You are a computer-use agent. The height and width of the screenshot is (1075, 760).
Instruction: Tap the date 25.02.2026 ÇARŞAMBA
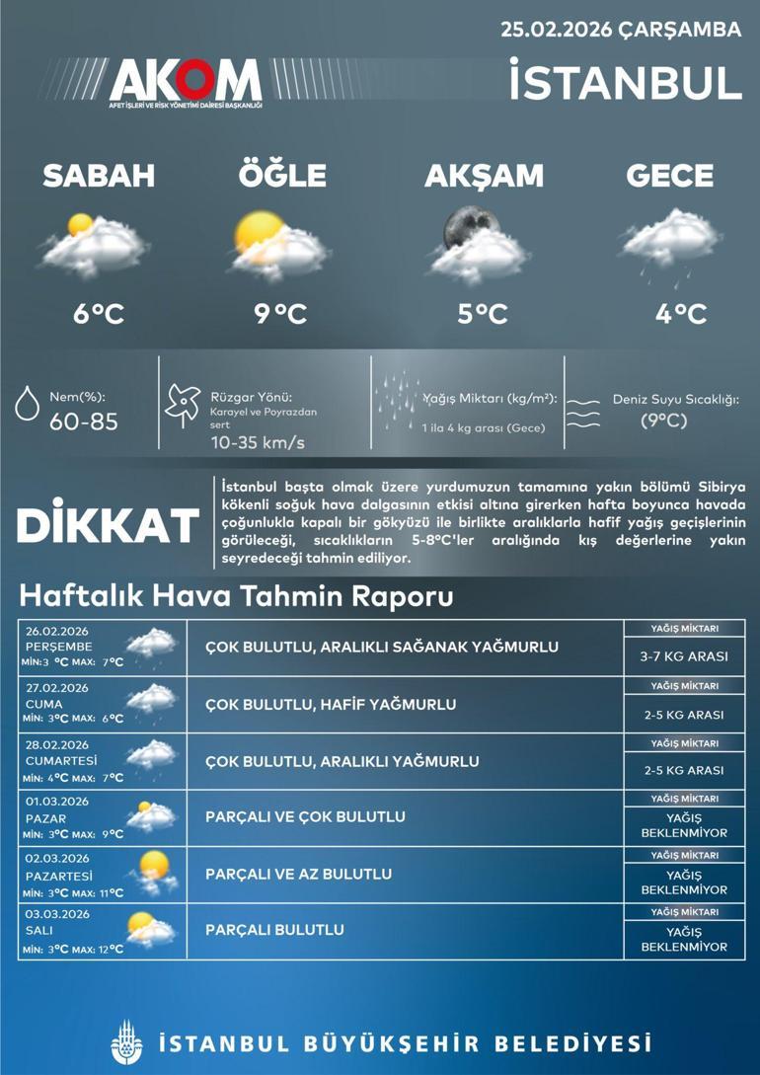point(620,30)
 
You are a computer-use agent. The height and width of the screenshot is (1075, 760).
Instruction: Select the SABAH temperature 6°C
point(98,314)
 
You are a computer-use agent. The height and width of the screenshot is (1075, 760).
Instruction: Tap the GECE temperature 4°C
point(681,314)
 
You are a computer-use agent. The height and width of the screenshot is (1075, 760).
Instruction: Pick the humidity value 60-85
point(84,422)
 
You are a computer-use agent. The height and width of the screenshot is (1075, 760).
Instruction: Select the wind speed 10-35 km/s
point(258,442)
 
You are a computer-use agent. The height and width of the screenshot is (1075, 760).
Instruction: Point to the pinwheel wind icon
point(185,404)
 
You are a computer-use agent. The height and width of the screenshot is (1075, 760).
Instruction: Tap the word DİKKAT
point(108,525)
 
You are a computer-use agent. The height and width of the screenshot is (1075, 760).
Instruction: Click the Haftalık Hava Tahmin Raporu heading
point(236,597)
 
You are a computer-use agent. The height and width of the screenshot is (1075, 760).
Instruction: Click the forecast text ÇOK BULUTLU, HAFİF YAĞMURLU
point(331,705)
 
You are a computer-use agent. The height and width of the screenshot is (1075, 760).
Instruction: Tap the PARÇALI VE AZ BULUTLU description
point(298,874)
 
